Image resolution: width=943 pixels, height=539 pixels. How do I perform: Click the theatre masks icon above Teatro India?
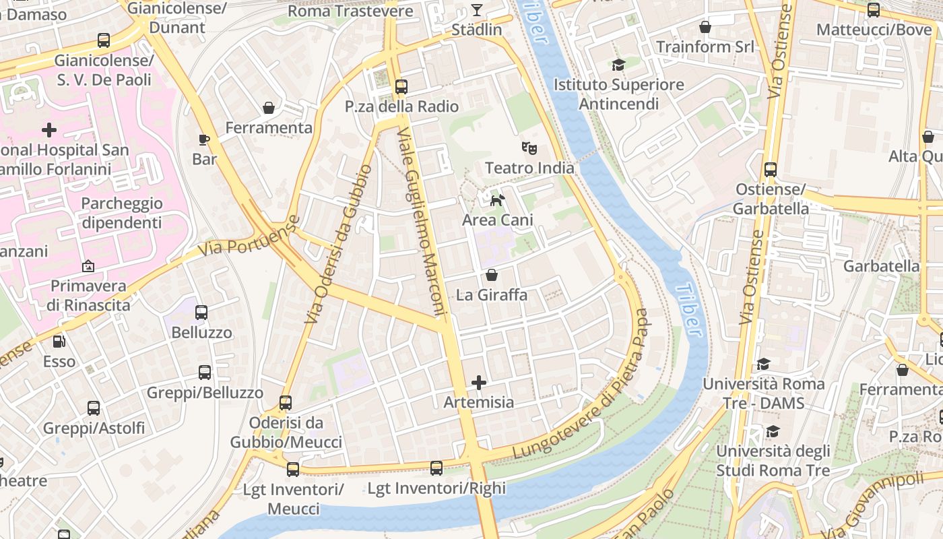point(529,148)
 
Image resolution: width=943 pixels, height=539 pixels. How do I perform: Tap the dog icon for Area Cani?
point(497,200)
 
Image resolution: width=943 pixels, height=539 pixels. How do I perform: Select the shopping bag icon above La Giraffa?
point(492,275)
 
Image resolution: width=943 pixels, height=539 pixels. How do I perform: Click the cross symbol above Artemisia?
point(479,383)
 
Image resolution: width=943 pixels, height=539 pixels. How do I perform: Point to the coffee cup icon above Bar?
point(205,139)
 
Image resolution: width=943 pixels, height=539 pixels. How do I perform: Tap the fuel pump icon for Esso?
point(59,342)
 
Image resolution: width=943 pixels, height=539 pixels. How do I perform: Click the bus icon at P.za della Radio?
point(401,86)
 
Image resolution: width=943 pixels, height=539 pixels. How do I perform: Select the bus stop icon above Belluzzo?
point(201,312)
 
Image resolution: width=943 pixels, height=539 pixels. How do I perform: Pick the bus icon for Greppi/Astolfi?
point(94,408)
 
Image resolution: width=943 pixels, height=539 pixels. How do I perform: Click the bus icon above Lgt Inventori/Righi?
point(436,468)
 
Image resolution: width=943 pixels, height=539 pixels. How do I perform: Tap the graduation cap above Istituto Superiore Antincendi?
point(618,65)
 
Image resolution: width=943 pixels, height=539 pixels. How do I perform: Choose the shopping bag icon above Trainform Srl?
point(705,27)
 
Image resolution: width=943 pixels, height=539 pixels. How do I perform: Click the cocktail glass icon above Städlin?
point(477,9)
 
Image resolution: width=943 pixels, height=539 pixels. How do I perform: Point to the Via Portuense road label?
point(249,236)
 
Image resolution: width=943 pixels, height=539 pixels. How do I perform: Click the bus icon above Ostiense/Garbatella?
point(771,170)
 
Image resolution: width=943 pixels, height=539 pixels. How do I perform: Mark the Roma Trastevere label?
point(350,11)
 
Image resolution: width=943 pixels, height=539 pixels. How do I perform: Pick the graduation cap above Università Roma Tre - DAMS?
point(763,364)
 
